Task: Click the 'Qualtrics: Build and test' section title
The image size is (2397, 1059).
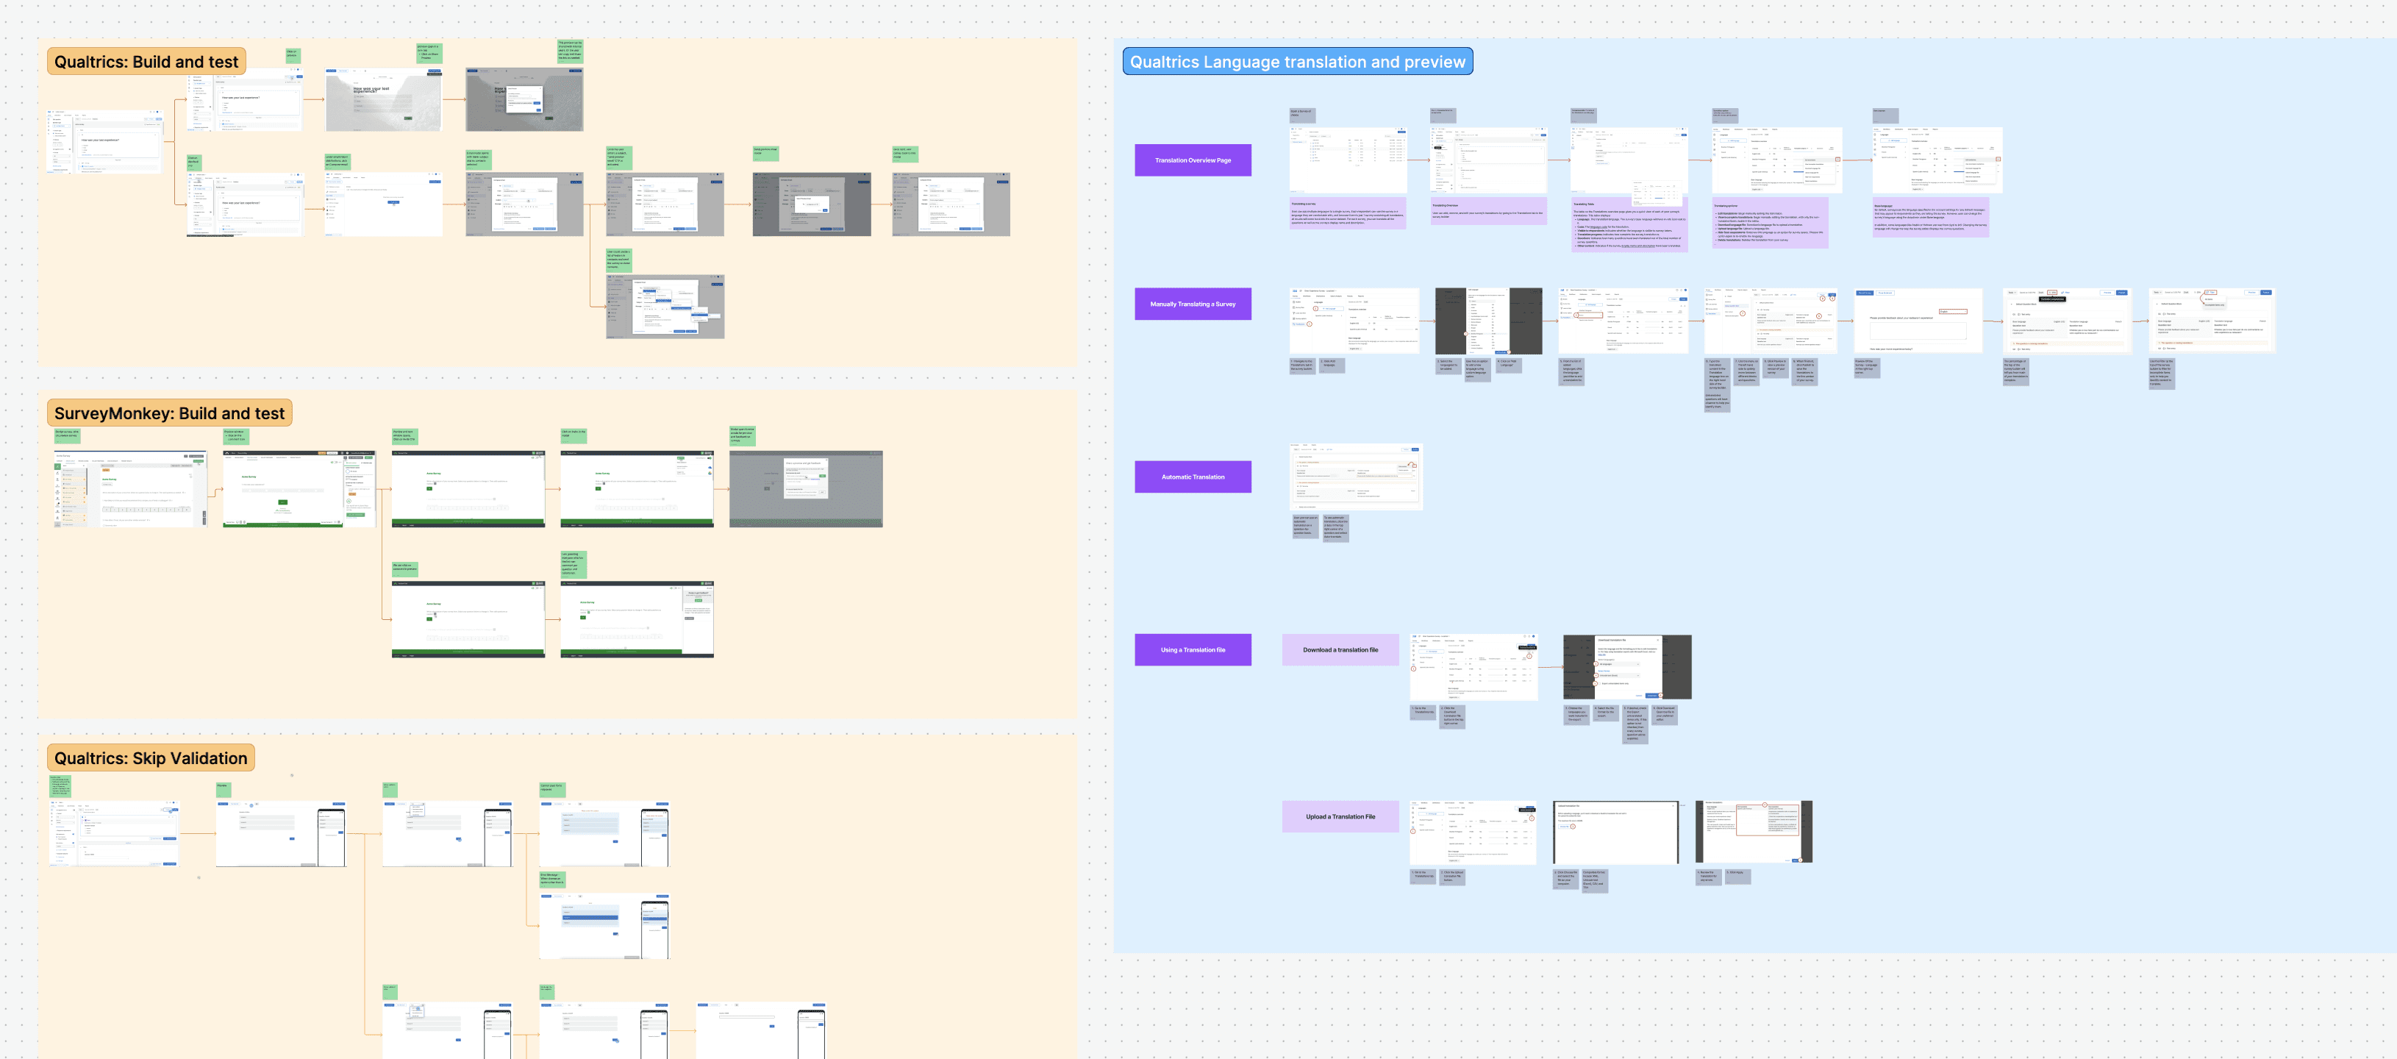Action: (x=146, y=63)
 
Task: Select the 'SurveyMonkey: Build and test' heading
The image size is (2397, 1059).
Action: (x=169, y=413)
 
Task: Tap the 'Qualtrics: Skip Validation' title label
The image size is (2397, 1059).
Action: (x=151, y=758)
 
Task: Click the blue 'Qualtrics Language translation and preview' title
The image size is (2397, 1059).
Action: (x=1297, y=63)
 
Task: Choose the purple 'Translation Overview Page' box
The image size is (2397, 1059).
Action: (x=1192, y=160)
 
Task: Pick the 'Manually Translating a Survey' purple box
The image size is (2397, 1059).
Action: (x=1192, y=304)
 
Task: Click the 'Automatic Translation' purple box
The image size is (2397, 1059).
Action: (x=1192, y=477)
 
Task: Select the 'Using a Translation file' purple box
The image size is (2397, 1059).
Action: (x=1192, y=650)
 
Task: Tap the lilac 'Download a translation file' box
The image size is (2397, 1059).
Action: (x=1340, y=650)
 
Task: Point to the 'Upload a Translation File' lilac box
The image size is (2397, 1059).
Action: (x=1340, y=817)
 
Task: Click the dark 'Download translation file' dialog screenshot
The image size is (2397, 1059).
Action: (x=1626, y=667)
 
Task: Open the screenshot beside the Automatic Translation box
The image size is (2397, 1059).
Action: (x=1356, y=477)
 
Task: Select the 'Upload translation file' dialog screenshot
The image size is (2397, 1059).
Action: (x=1616, y=832)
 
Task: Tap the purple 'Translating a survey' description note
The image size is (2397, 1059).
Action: (x=1347, y=213)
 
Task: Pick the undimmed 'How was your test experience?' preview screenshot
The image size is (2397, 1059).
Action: (x=383, y=99)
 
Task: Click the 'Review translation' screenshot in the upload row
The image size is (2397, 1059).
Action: (x=1753, y=832)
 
